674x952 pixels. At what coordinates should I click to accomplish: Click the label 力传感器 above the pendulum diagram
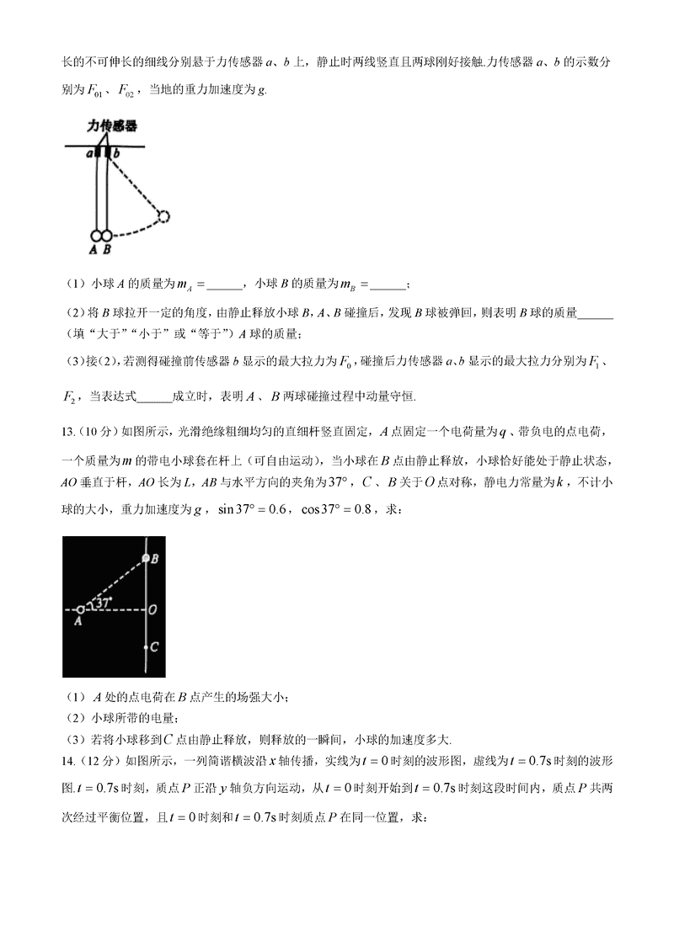[112, 125]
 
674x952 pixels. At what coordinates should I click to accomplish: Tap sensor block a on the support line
[98, 153]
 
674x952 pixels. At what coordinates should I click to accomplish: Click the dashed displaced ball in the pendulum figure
[163, 217]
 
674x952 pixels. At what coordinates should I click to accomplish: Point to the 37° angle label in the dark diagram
[103, 603]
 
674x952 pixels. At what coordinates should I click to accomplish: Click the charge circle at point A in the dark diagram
[80, 609]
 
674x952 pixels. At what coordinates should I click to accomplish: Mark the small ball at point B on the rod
[147, 558]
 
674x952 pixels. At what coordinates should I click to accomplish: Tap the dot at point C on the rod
[147, 647]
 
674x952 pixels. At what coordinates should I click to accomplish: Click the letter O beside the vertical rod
[155, 609]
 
